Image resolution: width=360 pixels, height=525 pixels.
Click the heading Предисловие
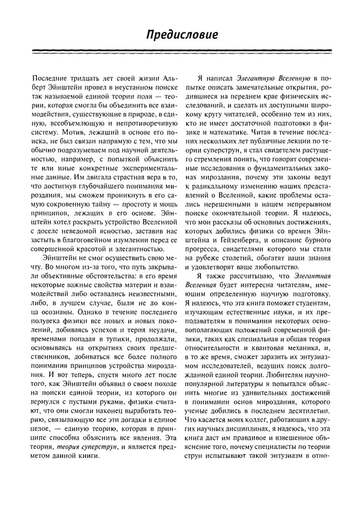pyautogui.click(x=180, y=37)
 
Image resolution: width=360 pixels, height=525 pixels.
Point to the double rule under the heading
pyautogui.click(x=180, y=55)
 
